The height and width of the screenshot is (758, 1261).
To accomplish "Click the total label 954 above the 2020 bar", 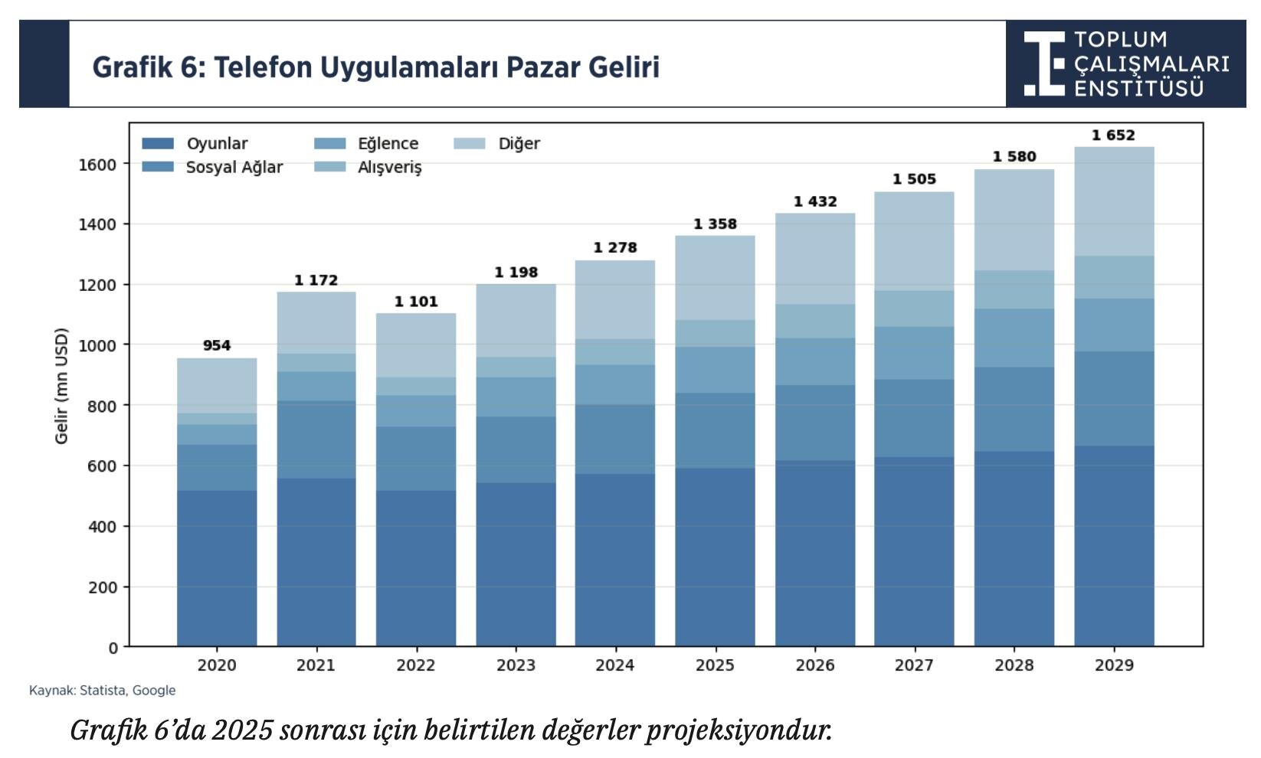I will [216, 345].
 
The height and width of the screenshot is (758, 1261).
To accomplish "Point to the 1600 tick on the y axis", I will [97, 165].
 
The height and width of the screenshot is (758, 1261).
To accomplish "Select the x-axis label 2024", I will [614, 665].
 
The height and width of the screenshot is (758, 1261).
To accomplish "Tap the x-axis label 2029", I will [1113, 665].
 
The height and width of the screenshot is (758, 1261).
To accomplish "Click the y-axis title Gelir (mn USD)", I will [61, 385].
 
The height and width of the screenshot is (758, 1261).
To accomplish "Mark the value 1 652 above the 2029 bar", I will [1112, 136].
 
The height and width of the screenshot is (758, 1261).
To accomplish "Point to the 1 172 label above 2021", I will [316, 280].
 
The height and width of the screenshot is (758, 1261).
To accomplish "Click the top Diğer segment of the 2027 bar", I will [913, 240].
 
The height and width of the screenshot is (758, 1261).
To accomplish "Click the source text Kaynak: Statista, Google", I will [102, 691].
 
